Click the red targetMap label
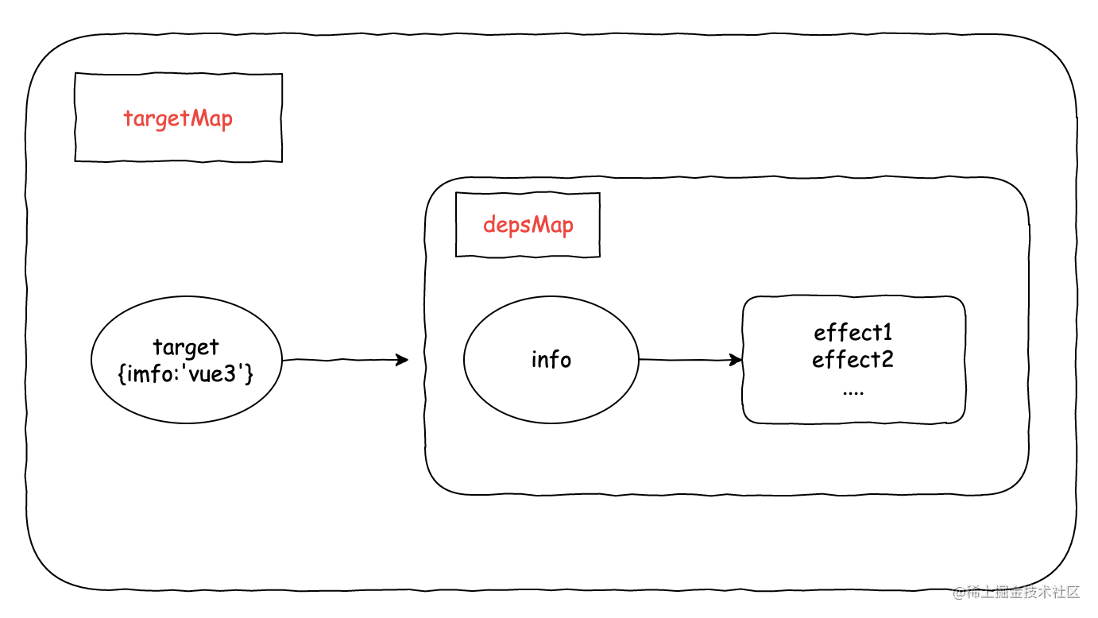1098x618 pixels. (x=178, y=119)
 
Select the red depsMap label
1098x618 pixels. (x=528, y=225)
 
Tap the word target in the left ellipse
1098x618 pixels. (x=186, y=348)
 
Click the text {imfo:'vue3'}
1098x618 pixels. (x=186, y=373)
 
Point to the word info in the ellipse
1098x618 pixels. (x=551, y=360)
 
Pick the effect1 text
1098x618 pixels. (x=852, y=332)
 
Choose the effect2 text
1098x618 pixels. (x=852, y=360)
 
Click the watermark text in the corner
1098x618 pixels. (x=1025, y=592)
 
